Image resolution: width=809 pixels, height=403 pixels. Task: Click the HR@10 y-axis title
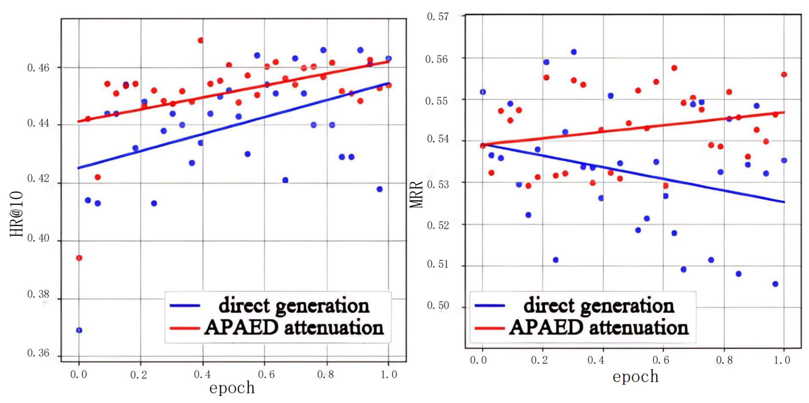16,214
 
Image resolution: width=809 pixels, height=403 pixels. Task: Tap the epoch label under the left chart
232,388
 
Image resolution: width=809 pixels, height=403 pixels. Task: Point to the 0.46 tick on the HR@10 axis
38,68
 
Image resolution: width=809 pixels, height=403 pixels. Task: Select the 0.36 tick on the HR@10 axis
38,353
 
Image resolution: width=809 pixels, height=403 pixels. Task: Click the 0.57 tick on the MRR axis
438,16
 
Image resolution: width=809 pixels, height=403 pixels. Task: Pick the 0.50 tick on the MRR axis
438,305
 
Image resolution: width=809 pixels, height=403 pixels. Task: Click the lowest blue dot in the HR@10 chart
79,330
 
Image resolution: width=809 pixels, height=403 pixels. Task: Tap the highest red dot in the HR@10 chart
200,40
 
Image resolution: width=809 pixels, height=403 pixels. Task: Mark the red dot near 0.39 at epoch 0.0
79,258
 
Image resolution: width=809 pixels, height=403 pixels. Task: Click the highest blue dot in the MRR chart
573,52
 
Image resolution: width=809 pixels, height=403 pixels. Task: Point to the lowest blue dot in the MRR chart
775,284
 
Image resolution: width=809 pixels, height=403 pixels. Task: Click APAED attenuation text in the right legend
598,328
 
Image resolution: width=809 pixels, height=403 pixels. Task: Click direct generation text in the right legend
598,305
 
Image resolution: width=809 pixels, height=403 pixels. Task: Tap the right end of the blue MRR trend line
784,202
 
